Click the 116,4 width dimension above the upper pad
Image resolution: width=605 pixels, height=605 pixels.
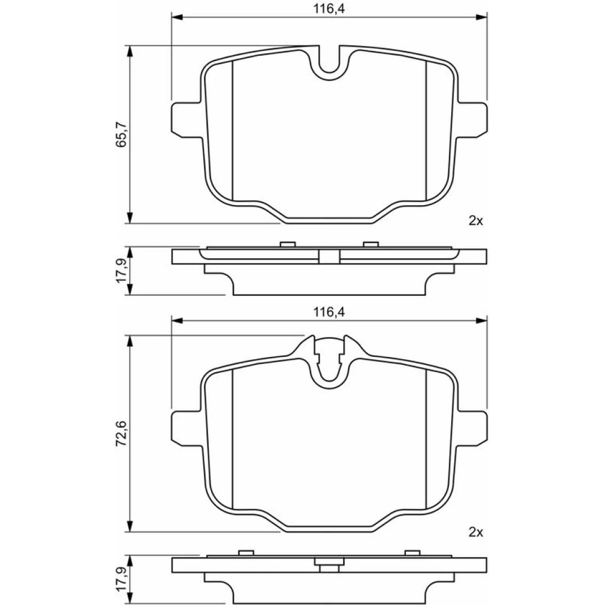(x=329, y=8)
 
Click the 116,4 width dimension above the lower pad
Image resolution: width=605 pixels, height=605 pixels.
(x=329, y=312)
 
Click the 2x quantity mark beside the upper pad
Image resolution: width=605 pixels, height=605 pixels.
(x=476, y=221)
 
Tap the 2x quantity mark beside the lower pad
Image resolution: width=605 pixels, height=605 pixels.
(x=476, y=532)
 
